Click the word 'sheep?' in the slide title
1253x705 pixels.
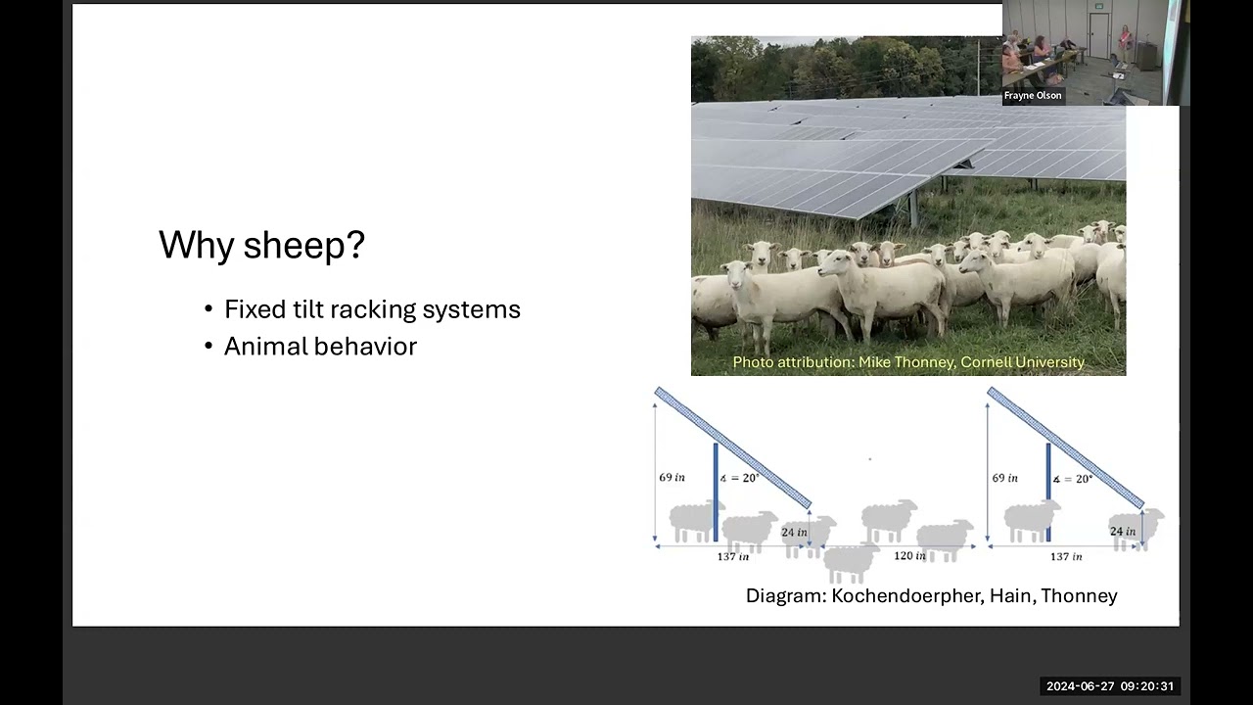click(304, 245)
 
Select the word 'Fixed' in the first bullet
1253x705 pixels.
click(255, 308)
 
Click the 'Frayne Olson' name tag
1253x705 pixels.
click(1033, 96)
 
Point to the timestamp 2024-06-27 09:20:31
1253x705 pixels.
click(1110, 686)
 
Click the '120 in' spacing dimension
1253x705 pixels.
click(909, 555)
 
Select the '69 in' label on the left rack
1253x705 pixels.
click(672, 477)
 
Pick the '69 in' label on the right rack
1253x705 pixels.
click(1004, 478)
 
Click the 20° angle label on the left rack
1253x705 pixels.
click(739, 478)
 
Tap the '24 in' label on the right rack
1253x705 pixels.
click(1123, 531)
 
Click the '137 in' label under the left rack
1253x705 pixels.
click(733, 557)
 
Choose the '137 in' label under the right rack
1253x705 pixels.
click(1066, 557)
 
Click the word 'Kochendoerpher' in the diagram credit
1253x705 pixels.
click(907, 596)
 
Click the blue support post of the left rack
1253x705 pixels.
click(716, 493)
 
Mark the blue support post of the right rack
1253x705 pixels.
click(1048, 493)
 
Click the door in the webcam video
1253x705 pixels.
click(1098, 36)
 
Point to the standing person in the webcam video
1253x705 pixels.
click(1125, 42)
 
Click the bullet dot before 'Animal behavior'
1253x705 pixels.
click(209, 347)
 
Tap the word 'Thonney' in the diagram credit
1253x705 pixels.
click(1079, 596)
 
